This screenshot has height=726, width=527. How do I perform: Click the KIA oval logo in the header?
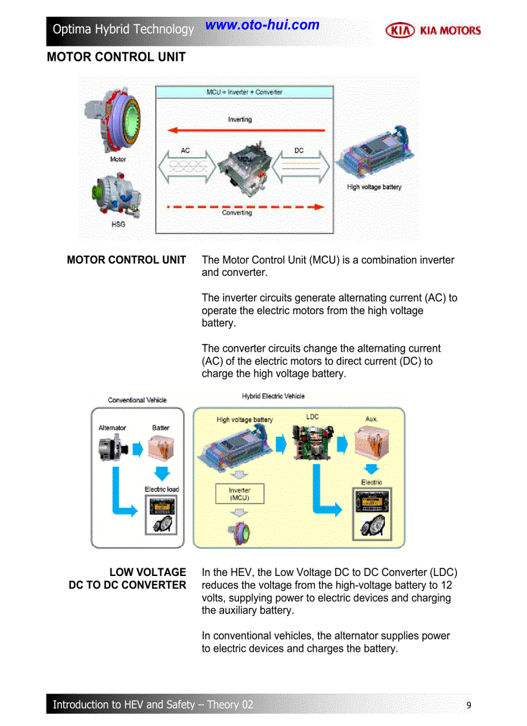(400, 30)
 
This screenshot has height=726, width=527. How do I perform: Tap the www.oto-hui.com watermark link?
(262, 25)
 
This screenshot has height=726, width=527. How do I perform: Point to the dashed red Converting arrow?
(245, 207)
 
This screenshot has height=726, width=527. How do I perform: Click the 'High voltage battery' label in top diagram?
(374, 187)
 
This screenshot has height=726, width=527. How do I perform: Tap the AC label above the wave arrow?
(185, 151)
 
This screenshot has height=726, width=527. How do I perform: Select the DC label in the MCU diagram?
(299, 151)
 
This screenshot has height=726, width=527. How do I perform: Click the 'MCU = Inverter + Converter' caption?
(244, 92)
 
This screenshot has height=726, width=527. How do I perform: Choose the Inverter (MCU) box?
(239, 494)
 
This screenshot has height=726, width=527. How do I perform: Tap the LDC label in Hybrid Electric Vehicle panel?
(313, 417)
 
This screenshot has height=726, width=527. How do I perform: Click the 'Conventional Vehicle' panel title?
(137, 400)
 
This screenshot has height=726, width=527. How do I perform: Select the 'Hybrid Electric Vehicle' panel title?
(273, 396)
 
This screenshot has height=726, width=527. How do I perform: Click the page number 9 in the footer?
(469, 705)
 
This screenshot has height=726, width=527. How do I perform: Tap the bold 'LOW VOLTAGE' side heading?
(147, 572)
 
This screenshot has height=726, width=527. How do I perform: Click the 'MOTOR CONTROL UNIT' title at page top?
(116, 57)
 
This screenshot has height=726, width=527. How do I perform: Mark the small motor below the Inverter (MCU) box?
(240, 533)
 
